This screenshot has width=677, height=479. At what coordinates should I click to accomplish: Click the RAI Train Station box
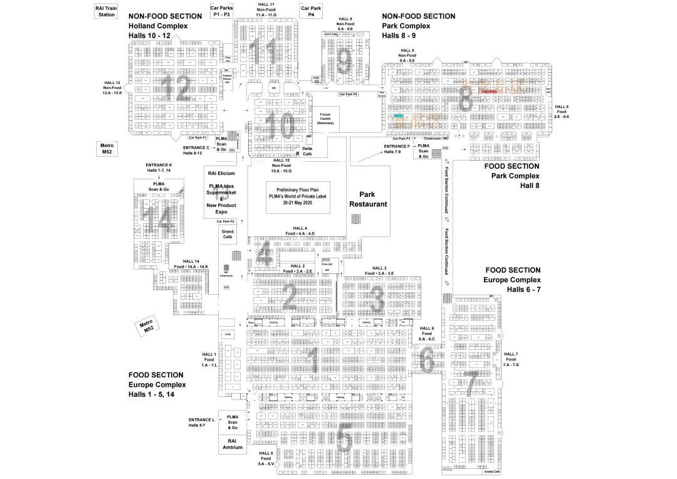(x=107, y=11)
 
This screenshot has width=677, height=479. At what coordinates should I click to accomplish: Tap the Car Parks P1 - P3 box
(x=221, y=11)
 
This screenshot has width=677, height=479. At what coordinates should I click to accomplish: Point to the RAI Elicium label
(x=221, y=173)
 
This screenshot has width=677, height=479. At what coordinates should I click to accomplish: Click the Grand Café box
(x=227, y=234)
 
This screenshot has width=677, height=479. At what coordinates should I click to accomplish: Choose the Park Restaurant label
(x=368, y=199)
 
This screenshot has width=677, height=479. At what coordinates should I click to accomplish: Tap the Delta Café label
(x=307, y=151)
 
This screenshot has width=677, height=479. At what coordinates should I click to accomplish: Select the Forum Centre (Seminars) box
(x=325, y=119)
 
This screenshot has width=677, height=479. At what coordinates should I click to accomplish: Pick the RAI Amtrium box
(x=233, y=443)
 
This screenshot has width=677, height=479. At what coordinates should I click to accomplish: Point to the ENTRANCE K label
(x=158, y=167)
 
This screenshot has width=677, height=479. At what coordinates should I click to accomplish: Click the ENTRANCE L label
(x=201, y=423)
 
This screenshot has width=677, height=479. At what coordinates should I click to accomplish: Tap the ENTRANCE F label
(x=396, y=149)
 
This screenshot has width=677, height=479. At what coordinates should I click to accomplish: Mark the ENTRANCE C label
(x=196, y=150)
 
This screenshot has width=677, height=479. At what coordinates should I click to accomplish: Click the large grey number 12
(x=176, y=90)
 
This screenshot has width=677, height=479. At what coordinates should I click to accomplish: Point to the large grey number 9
(x=344, y=61)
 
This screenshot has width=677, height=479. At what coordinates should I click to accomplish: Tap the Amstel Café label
(x=492, y=471)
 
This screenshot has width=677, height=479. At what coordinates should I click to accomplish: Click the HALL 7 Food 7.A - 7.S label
(x=511, y=359)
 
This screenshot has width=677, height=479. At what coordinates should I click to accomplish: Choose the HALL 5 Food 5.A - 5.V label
(x=266, y=458)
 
